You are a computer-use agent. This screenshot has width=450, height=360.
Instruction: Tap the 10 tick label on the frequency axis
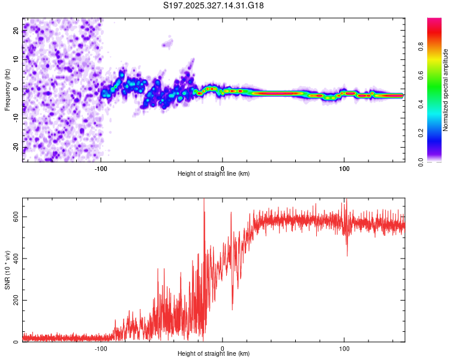16,59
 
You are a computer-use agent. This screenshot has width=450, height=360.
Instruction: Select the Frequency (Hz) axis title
7,90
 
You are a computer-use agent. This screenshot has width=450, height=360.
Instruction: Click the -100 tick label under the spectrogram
101,168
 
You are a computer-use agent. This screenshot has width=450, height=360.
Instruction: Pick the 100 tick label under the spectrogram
344,168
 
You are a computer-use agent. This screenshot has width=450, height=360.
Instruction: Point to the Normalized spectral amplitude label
446,90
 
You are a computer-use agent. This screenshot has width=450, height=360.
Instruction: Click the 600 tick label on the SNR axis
13,217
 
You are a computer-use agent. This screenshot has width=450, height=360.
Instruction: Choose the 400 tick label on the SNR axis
13,259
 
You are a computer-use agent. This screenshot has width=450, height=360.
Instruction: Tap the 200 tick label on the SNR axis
13,301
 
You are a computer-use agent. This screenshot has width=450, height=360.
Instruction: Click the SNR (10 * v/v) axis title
7,270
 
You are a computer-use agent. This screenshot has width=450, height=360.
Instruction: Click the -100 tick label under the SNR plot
101,348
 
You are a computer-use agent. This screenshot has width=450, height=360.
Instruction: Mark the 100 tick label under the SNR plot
344,348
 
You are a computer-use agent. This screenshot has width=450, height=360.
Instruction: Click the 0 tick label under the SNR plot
223,348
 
